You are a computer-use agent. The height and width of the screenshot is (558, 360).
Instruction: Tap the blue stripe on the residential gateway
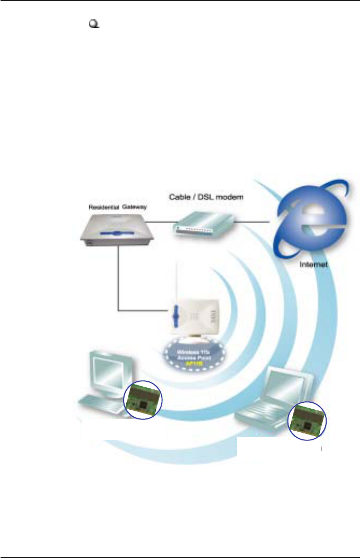click(x=117, y=233)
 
